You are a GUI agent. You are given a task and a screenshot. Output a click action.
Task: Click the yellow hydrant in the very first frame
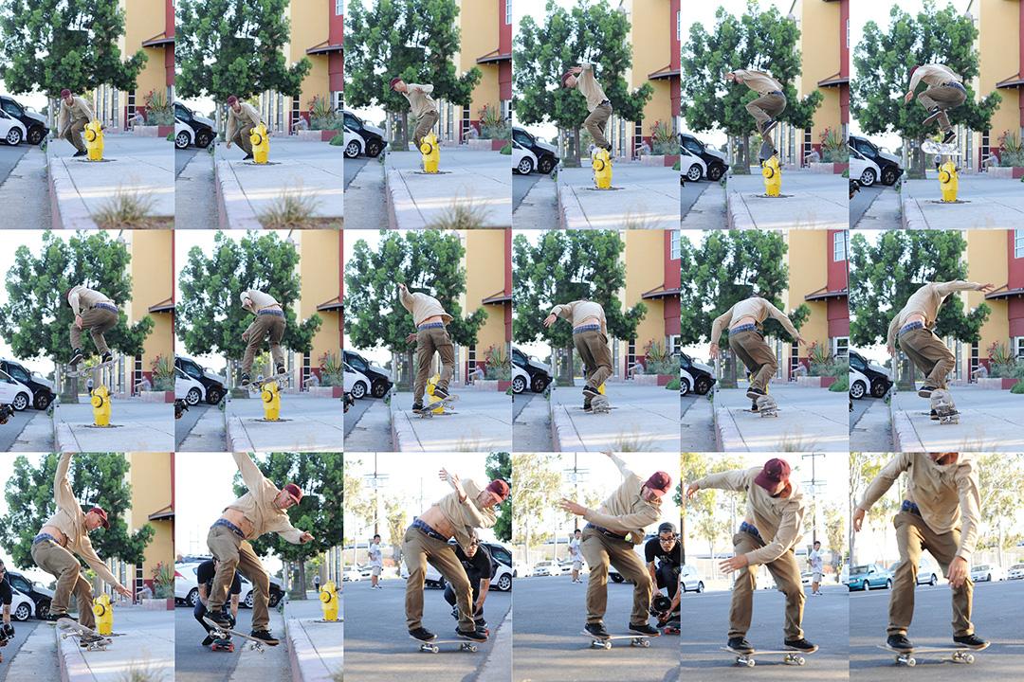click(x=94, y=139)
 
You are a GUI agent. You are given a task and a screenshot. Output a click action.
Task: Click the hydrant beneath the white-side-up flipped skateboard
click(x=948, y=181)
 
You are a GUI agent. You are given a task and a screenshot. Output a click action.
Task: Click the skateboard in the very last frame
click(x=933, y=652)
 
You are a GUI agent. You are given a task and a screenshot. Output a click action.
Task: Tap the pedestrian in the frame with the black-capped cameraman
click(x=575, y=549)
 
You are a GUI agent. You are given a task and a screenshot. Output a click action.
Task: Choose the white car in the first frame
click(x=11, y=132)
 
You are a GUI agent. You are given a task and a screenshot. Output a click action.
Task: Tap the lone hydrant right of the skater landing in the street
click(x=329, y=601)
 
